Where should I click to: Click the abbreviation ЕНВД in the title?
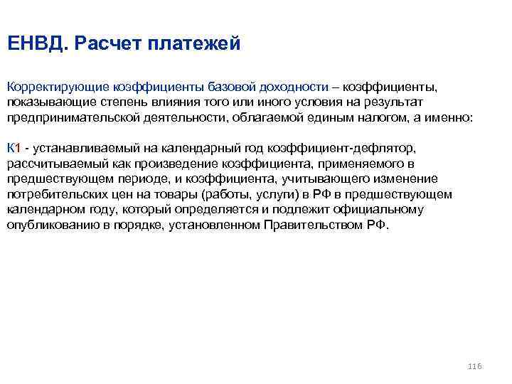pos(35,44)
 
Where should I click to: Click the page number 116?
pos(475,366)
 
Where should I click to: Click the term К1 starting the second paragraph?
pos(14,148)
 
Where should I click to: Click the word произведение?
pos(183,164)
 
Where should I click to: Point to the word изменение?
pos(404,178)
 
